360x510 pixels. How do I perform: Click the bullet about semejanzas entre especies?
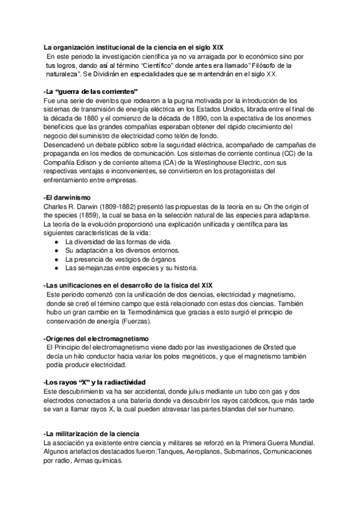(x=136, y=268)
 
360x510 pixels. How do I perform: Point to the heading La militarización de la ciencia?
(x=92, y=434)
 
